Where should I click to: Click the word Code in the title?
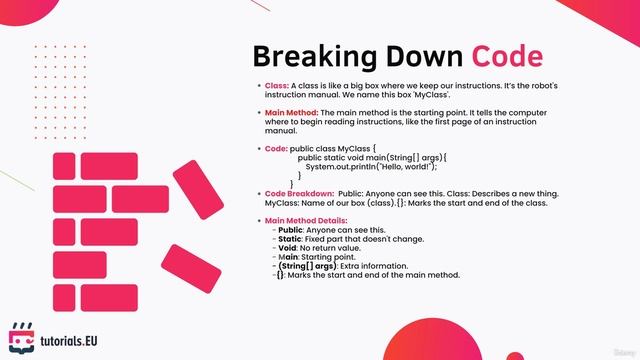(x=507, y=56)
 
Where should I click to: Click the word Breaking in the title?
(x=305, y=56)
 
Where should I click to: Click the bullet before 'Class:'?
(x=258, y=86)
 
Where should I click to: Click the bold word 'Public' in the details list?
(x=291, y=230)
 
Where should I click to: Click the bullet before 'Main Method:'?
(x=258, y=113)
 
